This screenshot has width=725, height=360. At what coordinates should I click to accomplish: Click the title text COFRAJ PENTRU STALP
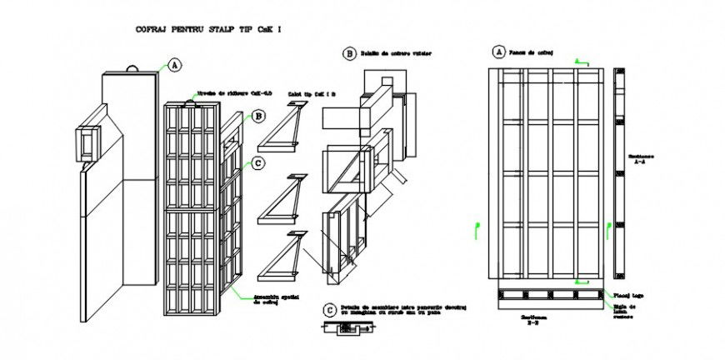pos(208,29)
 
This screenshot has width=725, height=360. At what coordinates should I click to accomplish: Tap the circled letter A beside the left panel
pos(174,64)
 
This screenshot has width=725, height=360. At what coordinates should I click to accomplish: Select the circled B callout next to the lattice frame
pos(258,117)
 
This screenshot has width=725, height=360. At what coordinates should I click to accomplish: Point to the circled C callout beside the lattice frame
pos(258,163)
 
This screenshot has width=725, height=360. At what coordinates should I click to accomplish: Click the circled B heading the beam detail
pos(349,53)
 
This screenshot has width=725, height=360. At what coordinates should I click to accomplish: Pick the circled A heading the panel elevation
pos(499,52)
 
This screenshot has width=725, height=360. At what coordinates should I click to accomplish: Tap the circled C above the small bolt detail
pos(330,309)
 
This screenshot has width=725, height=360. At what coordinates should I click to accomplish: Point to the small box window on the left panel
pos(87,142)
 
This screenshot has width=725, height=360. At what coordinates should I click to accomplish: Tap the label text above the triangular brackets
pos(312,95)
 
